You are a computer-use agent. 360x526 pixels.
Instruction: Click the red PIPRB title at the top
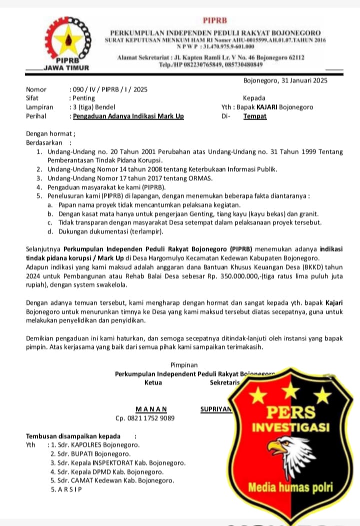coord(215,21)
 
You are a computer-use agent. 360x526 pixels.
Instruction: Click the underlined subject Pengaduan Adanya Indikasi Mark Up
coord(128,116)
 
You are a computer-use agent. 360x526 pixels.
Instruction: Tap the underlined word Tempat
coord(255,116)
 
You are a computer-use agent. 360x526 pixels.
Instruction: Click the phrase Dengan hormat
coord(50,134)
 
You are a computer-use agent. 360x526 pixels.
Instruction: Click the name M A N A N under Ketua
coord(151,408)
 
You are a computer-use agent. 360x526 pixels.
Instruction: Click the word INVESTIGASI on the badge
coord(290,427)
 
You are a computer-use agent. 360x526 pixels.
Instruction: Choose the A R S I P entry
coord(68,489)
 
